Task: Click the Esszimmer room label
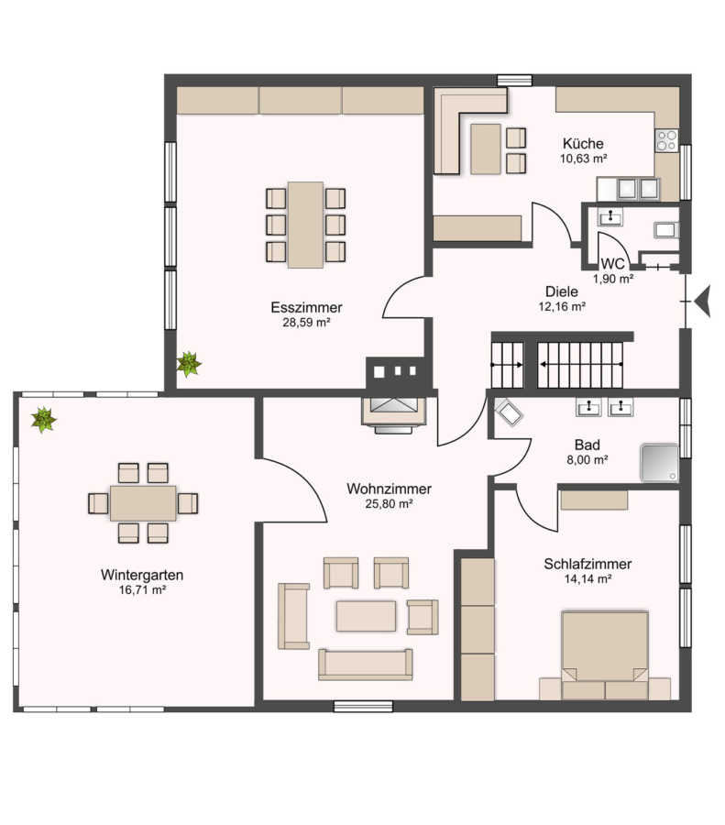tap(306, 307)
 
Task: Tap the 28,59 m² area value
tap(306, 323)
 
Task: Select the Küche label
tap(583, 143)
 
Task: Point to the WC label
tap(612, 264)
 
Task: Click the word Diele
tap(561, 291)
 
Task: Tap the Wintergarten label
tap(142, 575)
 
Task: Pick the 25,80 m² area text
tap(389, 504)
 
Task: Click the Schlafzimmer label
tap(588, 564)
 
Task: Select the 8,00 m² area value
tap(588, 460)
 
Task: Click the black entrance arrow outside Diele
tap(703, 301)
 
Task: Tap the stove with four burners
tap(666, 140)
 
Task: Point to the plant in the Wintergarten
tap(44, 420)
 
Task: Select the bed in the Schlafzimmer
tap(605, 655)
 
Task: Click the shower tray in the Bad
tap(659, 464)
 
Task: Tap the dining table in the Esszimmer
tap(305, 225)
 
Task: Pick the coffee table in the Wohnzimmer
tap(367, 616)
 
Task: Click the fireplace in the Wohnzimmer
tap(393, 414)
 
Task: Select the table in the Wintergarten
tap(143, 503)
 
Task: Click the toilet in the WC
tap(665, 230)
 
